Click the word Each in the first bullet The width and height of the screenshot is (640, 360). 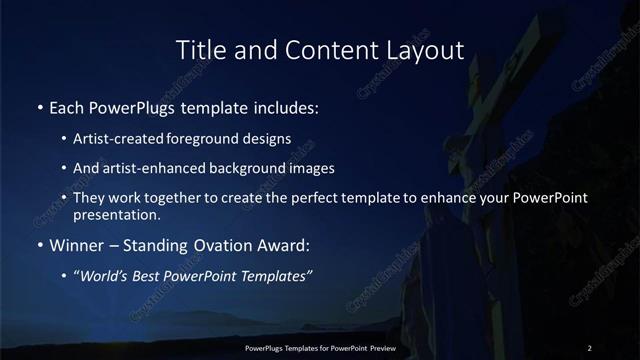tap(67, 106)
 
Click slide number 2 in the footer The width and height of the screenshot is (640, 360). tap(590, 347)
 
